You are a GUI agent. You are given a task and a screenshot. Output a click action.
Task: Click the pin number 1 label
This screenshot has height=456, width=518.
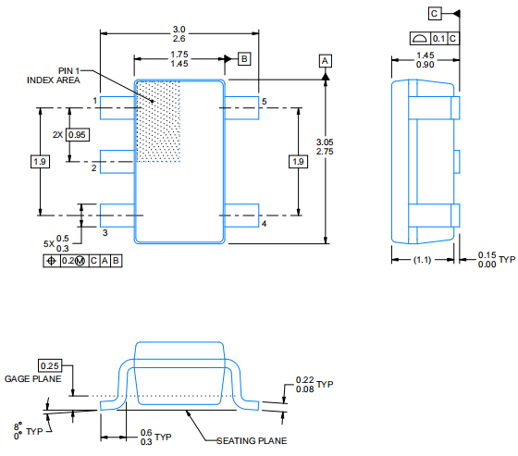(95, 100)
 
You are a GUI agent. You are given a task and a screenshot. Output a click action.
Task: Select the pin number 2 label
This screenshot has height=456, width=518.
(94, 168)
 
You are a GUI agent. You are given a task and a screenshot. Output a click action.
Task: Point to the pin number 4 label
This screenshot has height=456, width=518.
(264, 224)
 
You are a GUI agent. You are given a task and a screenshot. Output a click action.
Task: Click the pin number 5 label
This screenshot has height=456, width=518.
(264, 100)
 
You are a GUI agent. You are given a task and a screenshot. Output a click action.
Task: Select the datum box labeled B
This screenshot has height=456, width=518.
(244, 59)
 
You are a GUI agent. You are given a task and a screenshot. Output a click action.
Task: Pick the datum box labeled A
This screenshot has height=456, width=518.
(325, 60)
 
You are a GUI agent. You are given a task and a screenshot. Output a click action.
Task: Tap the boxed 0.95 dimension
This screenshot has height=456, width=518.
(78, 135)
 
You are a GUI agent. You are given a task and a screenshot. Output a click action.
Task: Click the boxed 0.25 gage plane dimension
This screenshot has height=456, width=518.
(50, 365)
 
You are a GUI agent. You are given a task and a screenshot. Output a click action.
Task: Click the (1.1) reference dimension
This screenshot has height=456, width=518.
(422, 261)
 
